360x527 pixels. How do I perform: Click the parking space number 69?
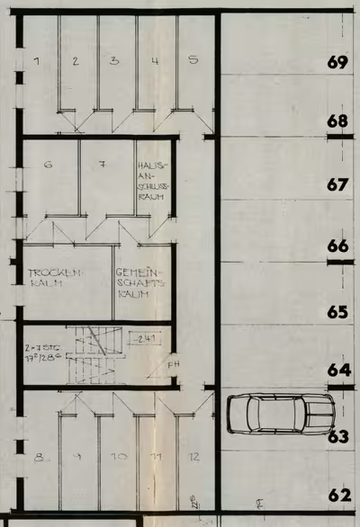tap(338, 63)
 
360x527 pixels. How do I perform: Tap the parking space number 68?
tap(338, 121)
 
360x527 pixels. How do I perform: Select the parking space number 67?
tap(337, 184)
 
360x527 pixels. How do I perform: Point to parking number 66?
tap(337, 246)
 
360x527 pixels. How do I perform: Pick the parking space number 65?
tap(337, 313)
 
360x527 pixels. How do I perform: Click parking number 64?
tap(338, 370)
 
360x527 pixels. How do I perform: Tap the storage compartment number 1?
tap(37, 61)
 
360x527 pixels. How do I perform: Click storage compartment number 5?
tap(193, 61)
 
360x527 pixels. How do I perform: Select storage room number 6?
tap(48, 165)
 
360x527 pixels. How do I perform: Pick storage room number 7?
tap(103, 165)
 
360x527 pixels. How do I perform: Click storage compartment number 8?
tap(39, 458)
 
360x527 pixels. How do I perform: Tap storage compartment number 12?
tap(193, 457)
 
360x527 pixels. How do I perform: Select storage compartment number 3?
tap(114, 61)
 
